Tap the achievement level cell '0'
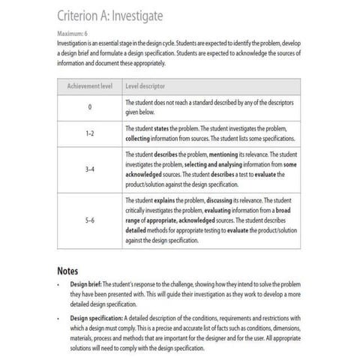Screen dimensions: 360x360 point(89,107)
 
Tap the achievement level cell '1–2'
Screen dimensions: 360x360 point(89,133)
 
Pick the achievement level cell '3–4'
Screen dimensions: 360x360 point(89,169)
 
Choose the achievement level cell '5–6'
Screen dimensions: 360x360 point(89,222)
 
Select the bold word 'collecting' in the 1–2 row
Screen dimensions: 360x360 point(142,138)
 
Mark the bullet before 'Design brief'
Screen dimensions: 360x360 point(58,286)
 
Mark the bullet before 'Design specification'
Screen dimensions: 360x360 point(58,318)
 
